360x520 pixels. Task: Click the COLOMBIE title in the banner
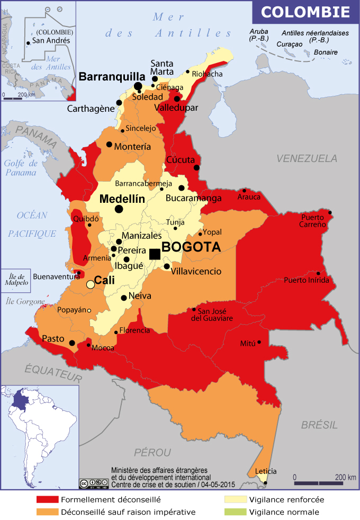pyautogui.click(x=306, y=12)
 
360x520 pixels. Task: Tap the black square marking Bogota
pyautogui.click(x=155, y=254)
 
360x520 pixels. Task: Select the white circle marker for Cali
pyautogui.click(x=91, y=284)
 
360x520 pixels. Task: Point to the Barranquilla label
pyautogui.click(x=112, y=76)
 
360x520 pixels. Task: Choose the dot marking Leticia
pyautogui.click(x=266, y=482)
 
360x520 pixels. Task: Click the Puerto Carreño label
pyautogui.click(x=317, y=222)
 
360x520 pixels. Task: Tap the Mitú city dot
pyautogui.click(x=259, y=342)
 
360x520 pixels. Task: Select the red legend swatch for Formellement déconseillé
pyautogui.click(x=47, y=499)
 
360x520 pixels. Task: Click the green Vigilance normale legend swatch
pyautogui.click(x=235, y=512)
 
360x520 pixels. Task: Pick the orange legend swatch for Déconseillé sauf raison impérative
pyautogui.click(x=47, y=512)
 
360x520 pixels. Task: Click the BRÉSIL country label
pyautogui.click(x=319, y=425)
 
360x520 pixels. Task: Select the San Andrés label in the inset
pyautogui.click(x=51, y=40)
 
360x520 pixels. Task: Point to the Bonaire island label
pyautogui.click(x=325, y=52)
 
